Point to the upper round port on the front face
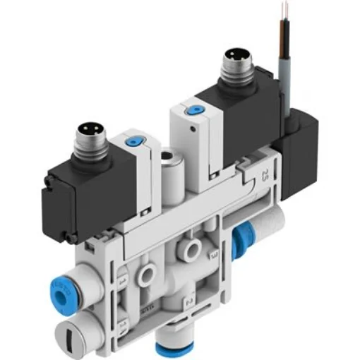(x=189, y=247)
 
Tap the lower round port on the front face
(x=149, y=271)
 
